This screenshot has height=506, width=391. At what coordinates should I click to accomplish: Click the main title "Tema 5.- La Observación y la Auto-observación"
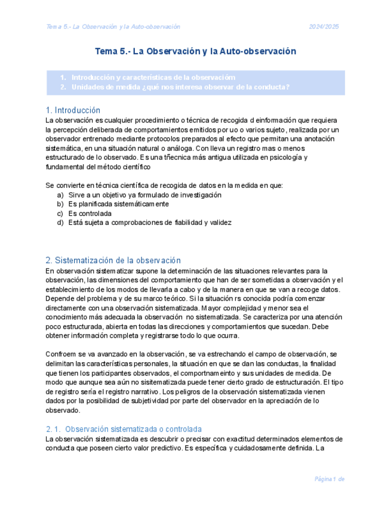[195, 52]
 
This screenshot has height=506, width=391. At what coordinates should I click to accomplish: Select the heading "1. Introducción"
[73, 110]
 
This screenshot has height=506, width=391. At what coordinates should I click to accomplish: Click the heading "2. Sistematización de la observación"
[113, 260]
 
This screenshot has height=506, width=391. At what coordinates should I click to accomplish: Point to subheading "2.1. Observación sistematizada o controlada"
[124, 429]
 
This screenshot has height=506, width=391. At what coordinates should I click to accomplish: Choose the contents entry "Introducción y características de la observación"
[153, 78]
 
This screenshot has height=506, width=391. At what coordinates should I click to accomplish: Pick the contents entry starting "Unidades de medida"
[180, 87]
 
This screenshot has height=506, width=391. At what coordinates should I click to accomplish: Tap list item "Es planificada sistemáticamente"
[118, 203]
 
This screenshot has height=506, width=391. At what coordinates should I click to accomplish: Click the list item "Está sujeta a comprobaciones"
[149, 223]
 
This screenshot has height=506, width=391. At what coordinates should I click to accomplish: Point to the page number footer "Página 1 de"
[330, 479]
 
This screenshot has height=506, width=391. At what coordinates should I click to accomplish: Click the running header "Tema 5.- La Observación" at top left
[113, 27]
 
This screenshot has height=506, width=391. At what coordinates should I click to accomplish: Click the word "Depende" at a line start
[59, 299]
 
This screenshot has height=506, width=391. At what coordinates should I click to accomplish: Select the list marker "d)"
[60, 223]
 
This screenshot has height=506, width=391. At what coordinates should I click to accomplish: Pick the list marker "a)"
[60, 195]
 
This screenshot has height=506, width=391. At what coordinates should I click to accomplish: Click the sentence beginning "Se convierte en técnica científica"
[164, 185]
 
